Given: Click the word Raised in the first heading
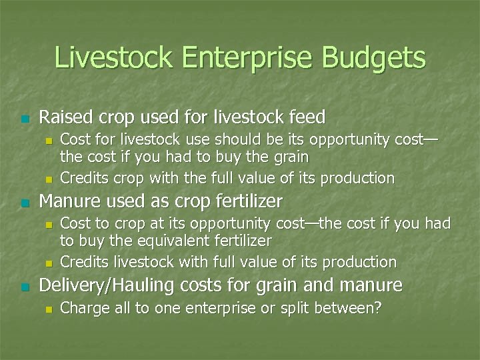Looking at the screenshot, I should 63,118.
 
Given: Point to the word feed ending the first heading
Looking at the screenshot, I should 307,118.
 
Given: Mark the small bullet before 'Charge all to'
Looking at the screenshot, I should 47,309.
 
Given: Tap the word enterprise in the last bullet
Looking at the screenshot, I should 213,309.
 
